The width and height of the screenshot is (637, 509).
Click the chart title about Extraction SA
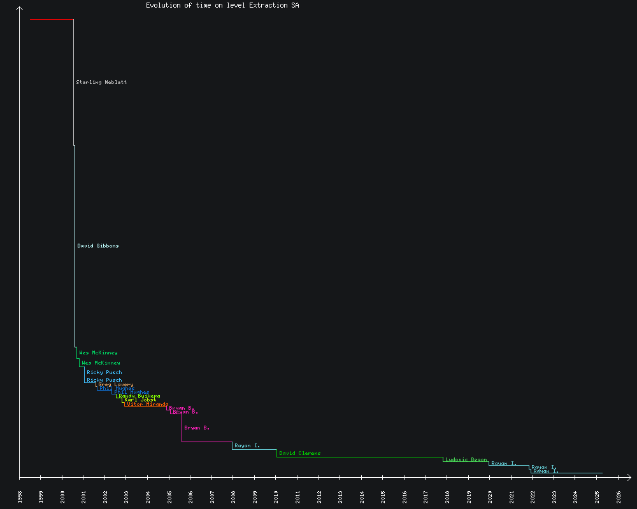pyautogui.click(x=222, y=6)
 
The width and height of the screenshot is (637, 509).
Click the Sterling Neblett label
pyautogui.click(x=101, y=82)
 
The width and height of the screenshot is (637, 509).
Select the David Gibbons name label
pyautogui.click(x=98, y=246)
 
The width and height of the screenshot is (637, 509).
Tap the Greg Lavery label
pyautogui.click(x=116, y=384)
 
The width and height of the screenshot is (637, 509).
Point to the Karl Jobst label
pyautogui.click(x=140, y=400)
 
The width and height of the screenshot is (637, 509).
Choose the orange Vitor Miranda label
pyautogui.click(x=148, y=404)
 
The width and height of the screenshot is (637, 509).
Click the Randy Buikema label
pyautogui.click(x=140, y=396)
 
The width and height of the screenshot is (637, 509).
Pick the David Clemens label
pyautogui.click(x=300, y=453)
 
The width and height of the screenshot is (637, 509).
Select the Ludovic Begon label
pyautogui.click(x=466, y=459)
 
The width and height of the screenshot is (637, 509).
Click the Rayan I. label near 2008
pyautogui.click(x=247, y=445)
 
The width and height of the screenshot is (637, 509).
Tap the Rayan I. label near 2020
pyautogui.click(x=504, y=463)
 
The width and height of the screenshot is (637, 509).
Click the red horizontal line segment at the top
pyautogui.click(x=52, y=20)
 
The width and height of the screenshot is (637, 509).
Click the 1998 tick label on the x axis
pyautogui.click(x=20, y=497)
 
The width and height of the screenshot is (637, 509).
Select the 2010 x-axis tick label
pyautogui.click(x=276, y=497)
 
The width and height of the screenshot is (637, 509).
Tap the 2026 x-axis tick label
pyautogui.click(x=619, y=497)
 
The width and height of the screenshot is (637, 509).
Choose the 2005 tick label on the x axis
pyautogui.click(x=169, y=497)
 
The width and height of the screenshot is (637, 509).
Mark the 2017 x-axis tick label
pyautogui.click(x=426, y=497)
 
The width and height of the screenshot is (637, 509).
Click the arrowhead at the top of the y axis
pyautogui.click(x=20, y=8)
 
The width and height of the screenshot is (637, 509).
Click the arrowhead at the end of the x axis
pyautogui.click(x=629, y=477)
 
